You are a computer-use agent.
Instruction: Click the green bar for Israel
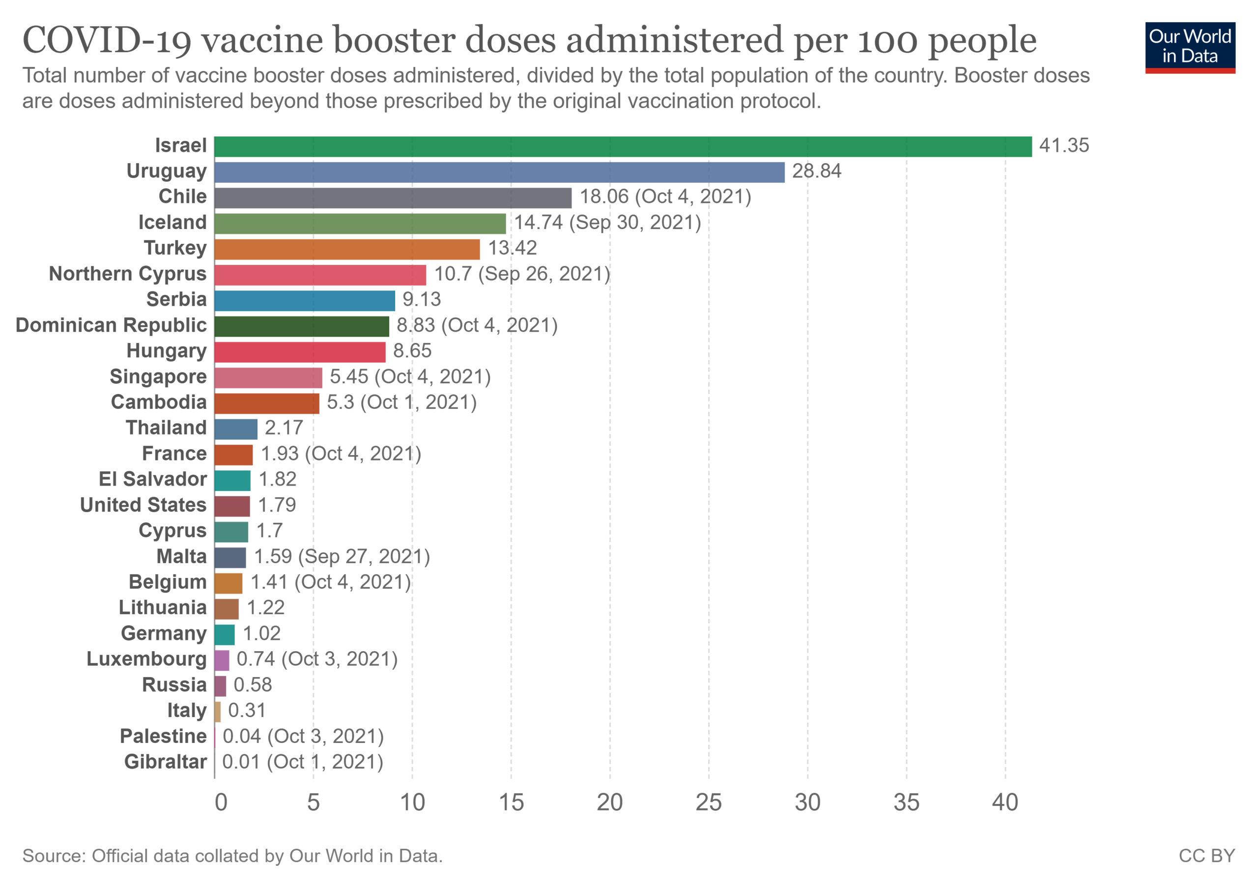point(623,147)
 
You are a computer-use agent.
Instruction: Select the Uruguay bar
point(499,172)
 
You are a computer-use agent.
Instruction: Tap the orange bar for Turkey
point(347,249)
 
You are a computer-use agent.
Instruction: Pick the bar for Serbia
point(305,301)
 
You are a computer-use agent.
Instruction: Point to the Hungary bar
point(300,352)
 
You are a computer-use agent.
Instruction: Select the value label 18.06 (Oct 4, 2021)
point(665,197)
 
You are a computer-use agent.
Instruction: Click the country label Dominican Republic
point(111,325)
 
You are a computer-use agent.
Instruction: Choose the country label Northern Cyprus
point(128,274)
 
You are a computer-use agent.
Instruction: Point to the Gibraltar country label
point(166,762)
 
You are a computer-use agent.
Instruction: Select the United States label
point(143,505)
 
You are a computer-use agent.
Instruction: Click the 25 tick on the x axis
point(709,803)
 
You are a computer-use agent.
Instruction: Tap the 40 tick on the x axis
point(1005,803)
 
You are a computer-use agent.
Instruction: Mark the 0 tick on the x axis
point(221,803)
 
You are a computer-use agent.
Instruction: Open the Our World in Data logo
point(1190,47)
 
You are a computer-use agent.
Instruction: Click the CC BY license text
point(1206,856)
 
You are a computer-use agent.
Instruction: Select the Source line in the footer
point(232,856)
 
